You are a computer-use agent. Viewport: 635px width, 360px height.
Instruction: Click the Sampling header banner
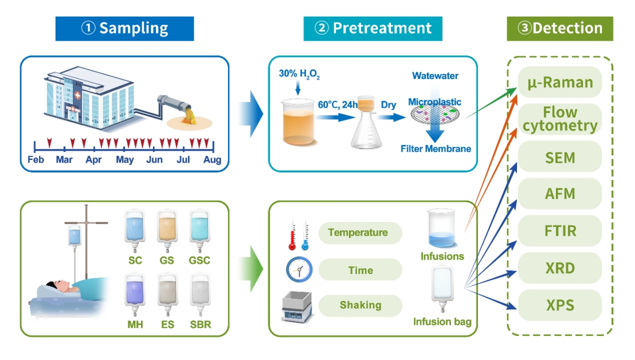(x=124, y=29)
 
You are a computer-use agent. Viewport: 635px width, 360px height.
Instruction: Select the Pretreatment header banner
(x=373, y=29)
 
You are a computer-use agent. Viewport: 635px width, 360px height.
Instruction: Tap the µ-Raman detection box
(x=560, y=83)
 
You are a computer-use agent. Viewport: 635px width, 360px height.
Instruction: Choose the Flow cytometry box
(x=560, y=119)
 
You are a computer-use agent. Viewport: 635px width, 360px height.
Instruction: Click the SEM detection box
(x=560, y=157)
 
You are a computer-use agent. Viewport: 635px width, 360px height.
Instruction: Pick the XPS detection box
(x=560, y=305)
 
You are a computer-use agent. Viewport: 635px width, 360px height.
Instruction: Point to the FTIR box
(x=560, y=231)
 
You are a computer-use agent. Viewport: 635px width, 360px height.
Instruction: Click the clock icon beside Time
(x=299, y=269)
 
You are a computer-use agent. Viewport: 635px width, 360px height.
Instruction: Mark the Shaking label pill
(x=360, y=304)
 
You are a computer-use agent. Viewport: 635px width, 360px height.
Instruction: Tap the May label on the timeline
(x=125, y=160)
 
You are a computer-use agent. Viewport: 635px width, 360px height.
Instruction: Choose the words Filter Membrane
(x=436, y=149)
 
